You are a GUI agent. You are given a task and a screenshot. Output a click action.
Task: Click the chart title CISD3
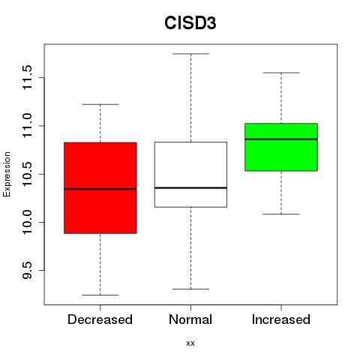pyautogui.click(x=190, y=23)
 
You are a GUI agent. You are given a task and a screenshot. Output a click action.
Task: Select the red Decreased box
pyautogui.click(x=100, y=188)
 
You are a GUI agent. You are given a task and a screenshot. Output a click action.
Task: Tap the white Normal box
pyautogui.click(x=190, y=175)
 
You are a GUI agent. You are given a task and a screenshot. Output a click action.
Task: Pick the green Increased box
pyautogui.click(x=281, y=147)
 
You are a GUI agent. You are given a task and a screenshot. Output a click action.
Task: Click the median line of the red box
pyautogui.click(x=100, y=189)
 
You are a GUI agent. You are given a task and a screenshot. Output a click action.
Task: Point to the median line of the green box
pyautogui.click(x=281, y=139)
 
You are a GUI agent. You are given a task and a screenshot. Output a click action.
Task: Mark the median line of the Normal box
pyautogui.click(x=190, y=187)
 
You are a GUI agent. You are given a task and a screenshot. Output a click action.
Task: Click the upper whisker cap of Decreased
pyautogui.click(x=100, y=104)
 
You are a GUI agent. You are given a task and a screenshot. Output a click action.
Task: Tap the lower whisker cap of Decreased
pyautogui.click(x=100, y=295)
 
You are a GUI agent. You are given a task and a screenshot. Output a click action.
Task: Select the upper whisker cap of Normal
pyautogui.click(x=190, y=54)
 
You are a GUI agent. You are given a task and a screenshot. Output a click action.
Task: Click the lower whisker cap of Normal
pyautogui.click(x=190, y=289)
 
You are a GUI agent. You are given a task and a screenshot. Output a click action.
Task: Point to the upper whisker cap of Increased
pyautogui.click(x=281, y=73)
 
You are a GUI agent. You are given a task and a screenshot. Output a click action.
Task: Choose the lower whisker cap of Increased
pyautogui.click(x=281, y=214)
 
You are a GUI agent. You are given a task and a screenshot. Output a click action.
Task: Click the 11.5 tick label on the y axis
pyautogui.click(x=28, y=77)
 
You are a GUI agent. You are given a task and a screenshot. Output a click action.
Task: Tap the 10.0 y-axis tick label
pyautogui.click(x=28, y=222)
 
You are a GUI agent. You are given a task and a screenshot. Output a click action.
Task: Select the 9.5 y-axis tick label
pyautogui.click(x=28, y=271)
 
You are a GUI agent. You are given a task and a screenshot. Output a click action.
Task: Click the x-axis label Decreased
pyautogui.click(x=100, y=319)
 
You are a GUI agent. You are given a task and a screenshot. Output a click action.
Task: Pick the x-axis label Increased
pyautogui.click(x=281, y=319)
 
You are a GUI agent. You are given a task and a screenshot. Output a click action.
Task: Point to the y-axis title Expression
pyautogui.click(x=7, y=174)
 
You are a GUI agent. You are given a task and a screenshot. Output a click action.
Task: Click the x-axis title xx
pyautogui.click(x=190, y=343)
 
